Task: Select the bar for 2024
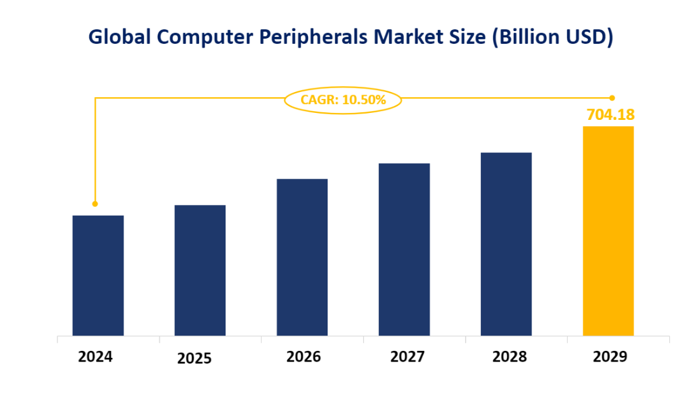[98, 275]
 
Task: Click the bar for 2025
[200, 270]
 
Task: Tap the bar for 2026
[302, 257]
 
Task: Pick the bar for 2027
[404, 249]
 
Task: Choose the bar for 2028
[506, 244]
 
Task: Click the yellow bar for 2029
[608, 231]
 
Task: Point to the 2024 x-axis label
[95, 357]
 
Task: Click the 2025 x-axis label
[195, 358]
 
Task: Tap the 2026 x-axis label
[304, 357]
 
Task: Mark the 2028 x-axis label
[509, 357]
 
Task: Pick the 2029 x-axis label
[610, 357]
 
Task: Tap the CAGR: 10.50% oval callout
[343, 100]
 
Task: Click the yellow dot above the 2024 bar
[95, 204]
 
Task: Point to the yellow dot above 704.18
[612, 98]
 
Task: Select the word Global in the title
[119, 38]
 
